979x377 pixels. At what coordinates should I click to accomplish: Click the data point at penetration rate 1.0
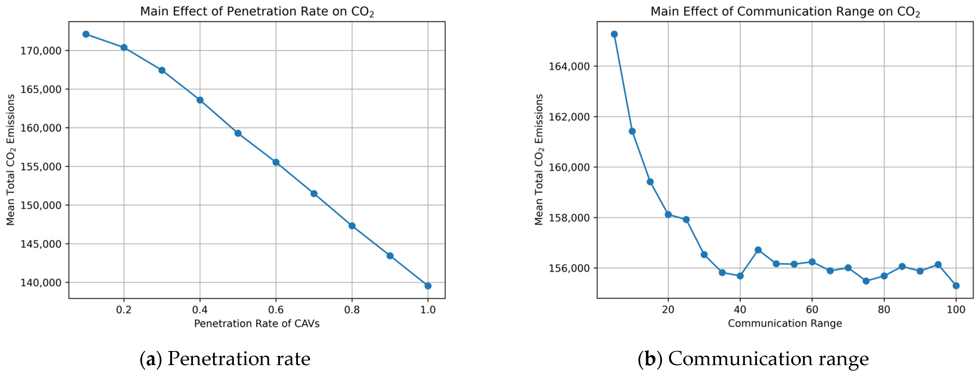pyautogui.click(x=428, y=286)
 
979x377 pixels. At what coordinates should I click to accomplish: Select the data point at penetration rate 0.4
pyautogui.click(x=200, y=100)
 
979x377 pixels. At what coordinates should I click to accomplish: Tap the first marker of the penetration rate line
pyautogui.click(x=86, y=34)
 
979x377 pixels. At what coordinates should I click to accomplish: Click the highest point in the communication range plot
pyautogui.click(x=614, y=34)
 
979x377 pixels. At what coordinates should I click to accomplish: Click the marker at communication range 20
pyautogui.click(x=668, y=214)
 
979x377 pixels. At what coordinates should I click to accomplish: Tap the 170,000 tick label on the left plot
pyautogui.click(x=41, y=51)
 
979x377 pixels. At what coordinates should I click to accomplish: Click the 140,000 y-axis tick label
pyautogui.click(x=41, y=283)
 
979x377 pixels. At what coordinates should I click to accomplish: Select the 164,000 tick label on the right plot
pyautogui.click(x=569, y=66)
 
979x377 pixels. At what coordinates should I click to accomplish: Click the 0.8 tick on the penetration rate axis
pyautogui.click(x=352, y=310)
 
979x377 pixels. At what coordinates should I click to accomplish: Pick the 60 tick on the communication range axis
pyautogui.click(x=812, y=310)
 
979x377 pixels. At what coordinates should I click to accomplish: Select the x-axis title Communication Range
pyautogui.click(x=785, y=324)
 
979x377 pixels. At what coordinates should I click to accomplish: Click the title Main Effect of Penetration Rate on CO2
pyautogui.click(x=257, y=11)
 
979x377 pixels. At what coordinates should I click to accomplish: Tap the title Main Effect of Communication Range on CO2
pyautogui.click(x=785, y=11)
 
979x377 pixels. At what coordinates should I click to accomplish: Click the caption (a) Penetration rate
pyautogui.click(x=225, y=359)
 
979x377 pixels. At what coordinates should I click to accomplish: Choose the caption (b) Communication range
pyautogui.click(x=753, y=359)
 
